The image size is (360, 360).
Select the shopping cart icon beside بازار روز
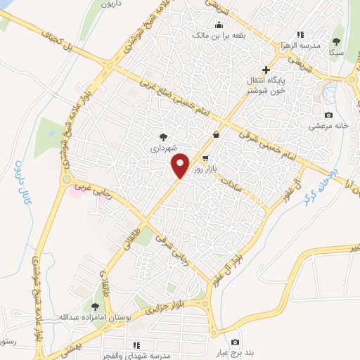(x=205, y=158)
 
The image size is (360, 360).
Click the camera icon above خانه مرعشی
(x=328, y=115)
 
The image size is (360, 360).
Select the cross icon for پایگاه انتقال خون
(x=266, y=70)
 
